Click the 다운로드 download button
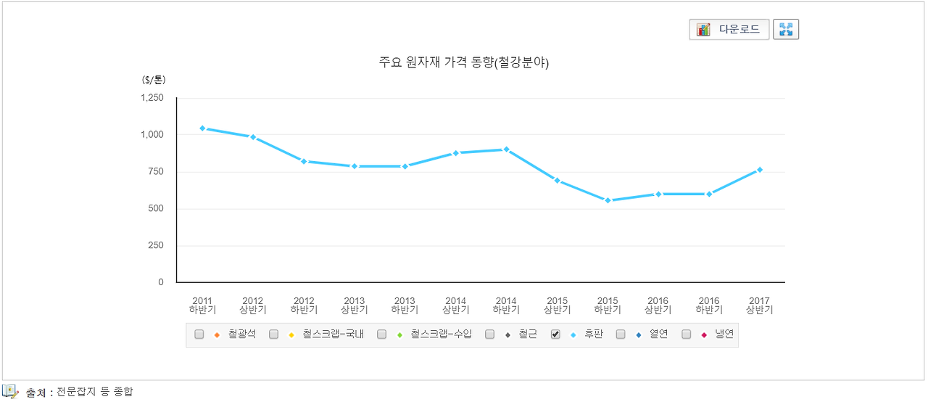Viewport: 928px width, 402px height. (729, 30)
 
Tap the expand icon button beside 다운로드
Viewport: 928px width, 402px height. (786, 30)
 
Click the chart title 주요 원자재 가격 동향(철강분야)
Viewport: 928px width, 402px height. (464, 62)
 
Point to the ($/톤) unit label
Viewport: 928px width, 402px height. (154, 81)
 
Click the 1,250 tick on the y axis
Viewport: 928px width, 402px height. (152, 98)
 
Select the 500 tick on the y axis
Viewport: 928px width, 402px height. (156, 209)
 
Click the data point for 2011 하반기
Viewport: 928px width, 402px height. (202, 128)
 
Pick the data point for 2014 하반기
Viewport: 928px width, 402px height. (506, 149)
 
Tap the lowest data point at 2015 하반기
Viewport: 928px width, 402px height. (608, 200)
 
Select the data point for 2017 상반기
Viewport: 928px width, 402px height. (759, 170)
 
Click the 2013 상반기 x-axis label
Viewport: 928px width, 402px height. (354, 305)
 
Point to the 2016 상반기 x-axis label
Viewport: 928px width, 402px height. (658, 305)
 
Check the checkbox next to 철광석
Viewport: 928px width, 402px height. (199, 335)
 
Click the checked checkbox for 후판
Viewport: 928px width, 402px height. (556, 335)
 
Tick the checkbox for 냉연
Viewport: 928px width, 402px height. (687, 335)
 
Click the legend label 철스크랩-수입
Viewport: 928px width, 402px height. (441, 335)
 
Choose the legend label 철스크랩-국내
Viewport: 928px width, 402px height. (333, 335)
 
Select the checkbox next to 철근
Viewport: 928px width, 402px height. (490, 335)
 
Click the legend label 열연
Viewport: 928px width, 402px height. (658, 335)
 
